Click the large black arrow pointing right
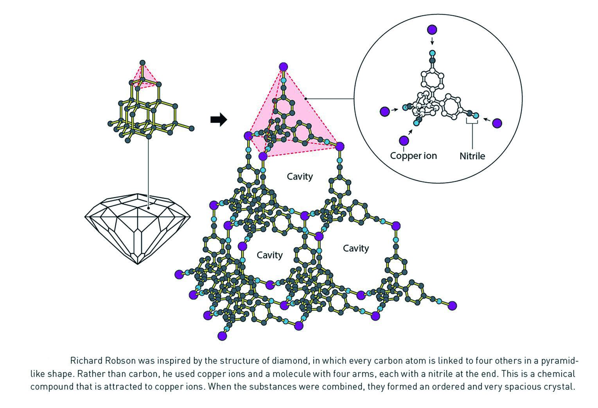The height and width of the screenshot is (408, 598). tap(219, 120)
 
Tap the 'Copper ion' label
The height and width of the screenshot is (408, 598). tap(413, 156)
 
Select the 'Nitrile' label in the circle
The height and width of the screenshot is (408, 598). tap(472, 156)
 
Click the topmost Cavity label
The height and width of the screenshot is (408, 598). tap(300, 176)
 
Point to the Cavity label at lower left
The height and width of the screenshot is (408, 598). tap(269, 255)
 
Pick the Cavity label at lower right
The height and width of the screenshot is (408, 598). tap(356, 248)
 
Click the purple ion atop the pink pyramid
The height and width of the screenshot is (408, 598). tap(284, 67)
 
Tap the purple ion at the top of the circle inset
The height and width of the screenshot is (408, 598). tap(432, 30)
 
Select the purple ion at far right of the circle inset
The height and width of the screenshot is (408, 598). tap(497, 123)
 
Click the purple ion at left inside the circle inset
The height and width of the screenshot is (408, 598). tap(385, 111)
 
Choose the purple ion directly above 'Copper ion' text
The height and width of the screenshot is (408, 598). tap(404, 140)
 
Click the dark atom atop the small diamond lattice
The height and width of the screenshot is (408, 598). tap(143, 63)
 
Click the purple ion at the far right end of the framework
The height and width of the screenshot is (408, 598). tap(453, 306)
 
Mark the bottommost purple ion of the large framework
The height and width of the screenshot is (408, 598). tap(223, 336)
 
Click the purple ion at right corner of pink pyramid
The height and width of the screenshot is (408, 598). tap(340, 147)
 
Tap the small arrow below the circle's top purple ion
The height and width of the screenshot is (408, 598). tap(432, 41)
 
